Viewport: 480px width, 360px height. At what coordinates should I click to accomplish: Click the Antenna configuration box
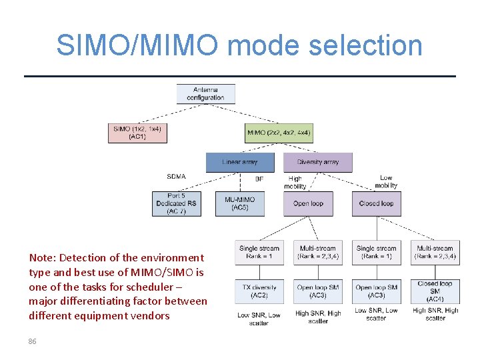coord(205,93)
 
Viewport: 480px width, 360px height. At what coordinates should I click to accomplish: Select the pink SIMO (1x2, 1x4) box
coord(137,133)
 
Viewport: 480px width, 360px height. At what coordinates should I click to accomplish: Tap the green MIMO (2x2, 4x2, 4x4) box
coord(279,133)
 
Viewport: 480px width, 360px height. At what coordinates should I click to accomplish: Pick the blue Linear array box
coord(240,162)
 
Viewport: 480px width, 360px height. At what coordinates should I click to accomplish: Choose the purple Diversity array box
coord(317,162)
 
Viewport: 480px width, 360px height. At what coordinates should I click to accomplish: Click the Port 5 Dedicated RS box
coord(176,203)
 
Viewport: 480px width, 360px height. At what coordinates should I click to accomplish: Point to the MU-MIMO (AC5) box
coord(240,203)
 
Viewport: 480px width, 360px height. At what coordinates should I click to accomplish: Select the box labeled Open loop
coord(308,203)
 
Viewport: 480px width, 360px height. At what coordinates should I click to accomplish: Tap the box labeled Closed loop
coord(376,203)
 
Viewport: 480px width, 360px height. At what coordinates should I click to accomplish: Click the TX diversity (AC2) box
coord(259,291)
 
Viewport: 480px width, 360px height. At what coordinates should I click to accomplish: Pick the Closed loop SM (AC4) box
coord(435,291)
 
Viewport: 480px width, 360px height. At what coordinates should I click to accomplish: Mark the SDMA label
coord(176,177)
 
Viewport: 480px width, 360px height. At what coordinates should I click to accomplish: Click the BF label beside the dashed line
coord(259,179)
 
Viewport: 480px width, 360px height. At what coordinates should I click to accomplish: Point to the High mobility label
coord(295,182)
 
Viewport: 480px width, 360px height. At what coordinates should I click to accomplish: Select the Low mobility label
coord(386,181)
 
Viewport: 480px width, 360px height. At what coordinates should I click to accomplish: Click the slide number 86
coord(32,341)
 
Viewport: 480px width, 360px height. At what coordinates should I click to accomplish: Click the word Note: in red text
coord(42,257)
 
